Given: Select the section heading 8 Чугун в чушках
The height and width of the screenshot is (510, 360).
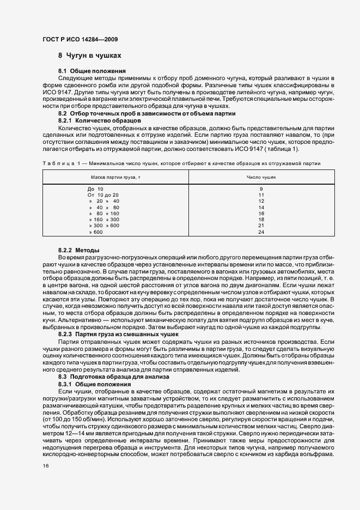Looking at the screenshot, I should (89, 56).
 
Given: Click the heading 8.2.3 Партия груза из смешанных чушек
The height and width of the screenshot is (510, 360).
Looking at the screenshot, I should (115, 334).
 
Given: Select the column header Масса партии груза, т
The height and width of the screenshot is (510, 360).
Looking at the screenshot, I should (116, 177).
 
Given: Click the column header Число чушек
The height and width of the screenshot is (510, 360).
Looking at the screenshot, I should (261, 177).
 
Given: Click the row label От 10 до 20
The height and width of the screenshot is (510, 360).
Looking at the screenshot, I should (103, 195).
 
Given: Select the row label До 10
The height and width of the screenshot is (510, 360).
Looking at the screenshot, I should (96, 189).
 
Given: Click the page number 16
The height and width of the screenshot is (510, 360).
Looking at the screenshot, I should (45, 466).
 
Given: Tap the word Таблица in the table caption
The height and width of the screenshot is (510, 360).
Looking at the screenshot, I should (57, 163).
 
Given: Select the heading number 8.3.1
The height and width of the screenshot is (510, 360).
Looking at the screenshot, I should (66, 384).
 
